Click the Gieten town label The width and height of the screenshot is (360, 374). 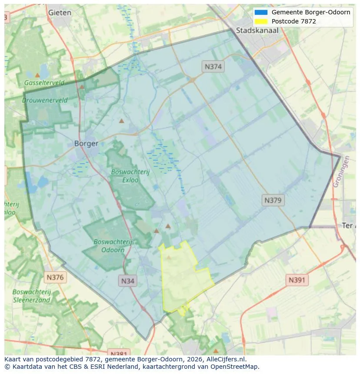[x=60, y=13]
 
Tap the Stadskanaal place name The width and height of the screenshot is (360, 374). [x=257, y=30]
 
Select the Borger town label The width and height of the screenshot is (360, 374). [x=86, y=143]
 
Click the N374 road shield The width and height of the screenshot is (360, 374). [x=213, y=66]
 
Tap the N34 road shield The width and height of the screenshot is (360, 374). [x=127, y=281]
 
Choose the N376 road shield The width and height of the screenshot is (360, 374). [x=55, y=277]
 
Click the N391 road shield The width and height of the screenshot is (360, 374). [x=297, y=280]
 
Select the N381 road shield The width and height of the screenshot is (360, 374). [x=118, y=353]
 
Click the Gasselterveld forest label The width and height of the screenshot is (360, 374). [x=44, y=83]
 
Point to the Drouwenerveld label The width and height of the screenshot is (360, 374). [x=45, y=100]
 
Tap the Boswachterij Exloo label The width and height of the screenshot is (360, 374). [x=130, y=175]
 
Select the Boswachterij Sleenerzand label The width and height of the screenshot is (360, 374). [x=32, y=296]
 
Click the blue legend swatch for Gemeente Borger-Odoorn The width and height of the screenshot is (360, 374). [x=261, y=12]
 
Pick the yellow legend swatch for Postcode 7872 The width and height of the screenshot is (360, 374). [x=261, y=21]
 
